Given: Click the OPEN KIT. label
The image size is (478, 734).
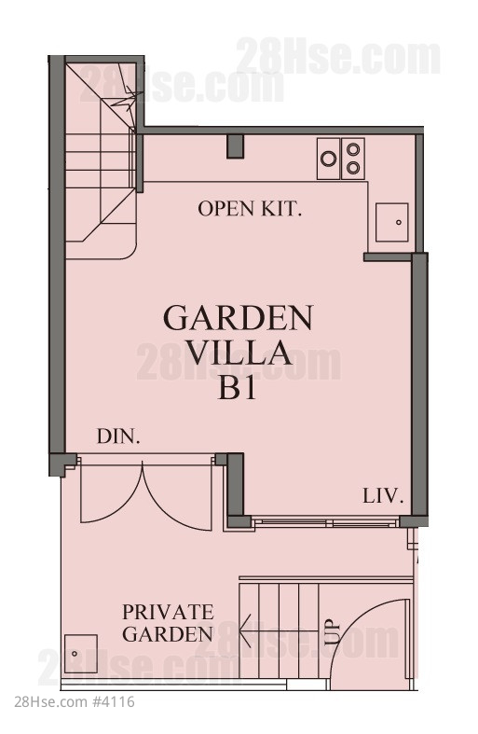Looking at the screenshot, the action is (250, 209).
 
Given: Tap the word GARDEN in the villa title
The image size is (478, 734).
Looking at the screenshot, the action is (238, 318).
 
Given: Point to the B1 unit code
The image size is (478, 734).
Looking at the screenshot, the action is (237, 387).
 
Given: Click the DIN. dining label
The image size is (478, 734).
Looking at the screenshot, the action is (118, 436).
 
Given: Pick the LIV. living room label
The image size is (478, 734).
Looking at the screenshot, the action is (383, 496).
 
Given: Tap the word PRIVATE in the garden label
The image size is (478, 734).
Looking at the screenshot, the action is (168, 612).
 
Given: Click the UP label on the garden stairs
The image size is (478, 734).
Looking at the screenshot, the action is (332, 632).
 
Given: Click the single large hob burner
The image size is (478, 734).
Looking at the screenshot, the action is (329, 159).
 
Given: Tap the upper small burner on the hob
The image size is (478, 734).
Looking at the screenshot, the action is (353, 149).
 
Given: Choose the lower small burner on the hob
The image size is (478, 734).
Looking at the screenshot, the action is (353, 167).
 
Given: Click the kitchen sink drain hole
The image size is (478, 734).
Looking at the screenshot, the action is (399, 222).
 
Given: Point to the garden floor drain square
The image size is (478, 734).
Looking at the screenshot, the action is (81, 654).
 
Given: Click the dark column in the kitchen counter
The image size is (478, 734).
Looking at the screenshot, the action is (235, 146).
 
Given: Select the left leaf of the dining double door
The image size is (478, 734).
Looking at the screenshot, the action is (111, 492).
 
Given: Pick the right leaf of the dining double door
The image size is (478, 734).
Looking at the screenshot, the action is (177, 495).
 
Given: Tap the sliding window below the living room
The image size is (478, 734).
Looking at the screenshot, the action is (325, 522).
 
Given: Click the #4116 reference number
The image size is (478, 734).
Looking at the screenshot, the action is (114, 701).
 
